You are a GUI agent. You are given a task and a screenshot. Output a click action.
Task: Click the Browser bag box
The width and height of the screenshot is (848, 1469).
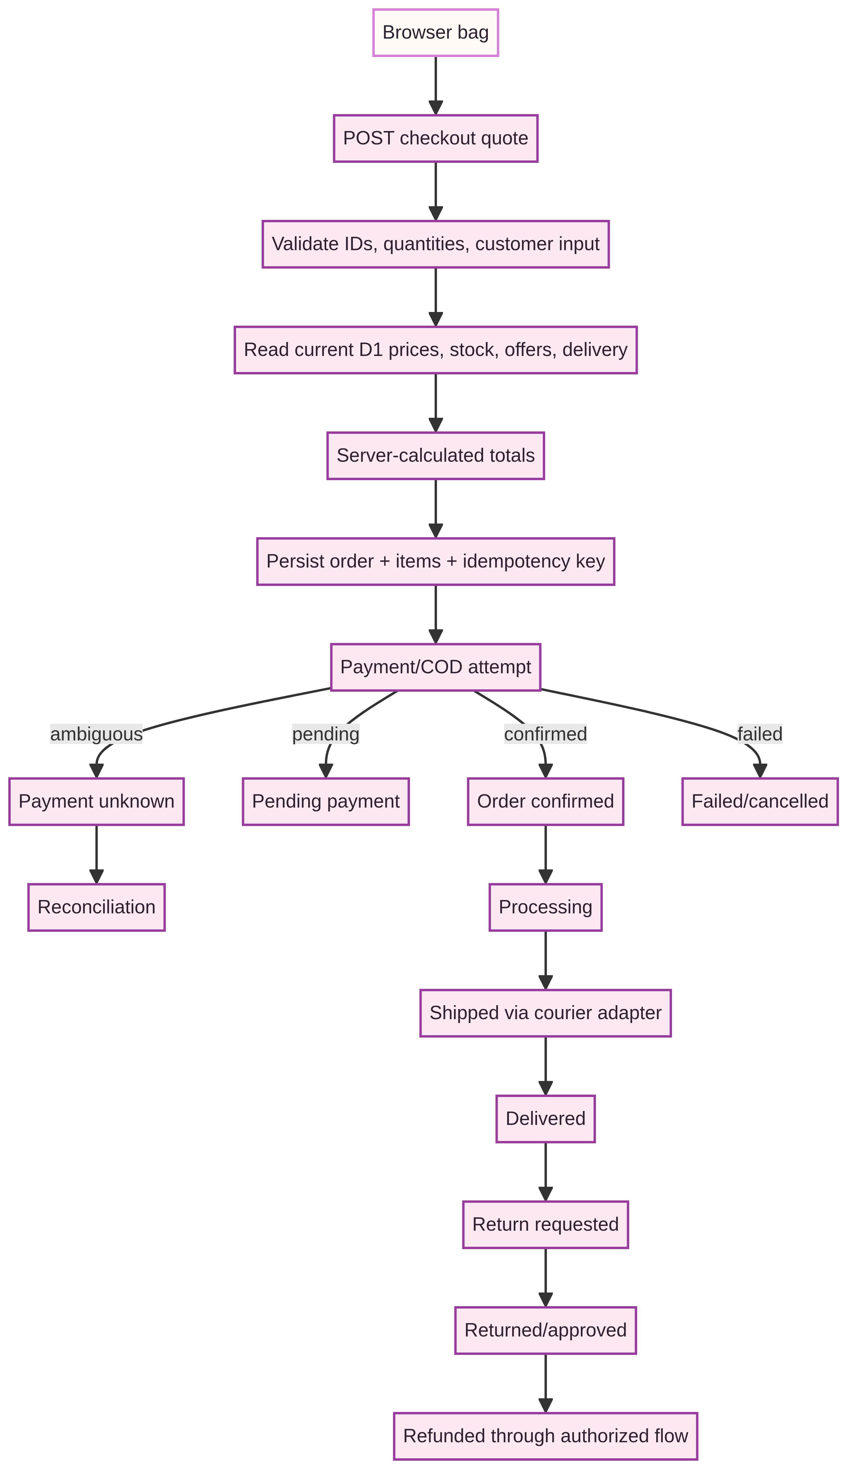pyautogui.click(x=436, y=33)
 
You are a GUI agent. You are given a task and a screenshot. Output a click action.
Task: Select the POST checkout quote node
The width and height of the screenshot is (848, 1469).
pyautogui.click(x=436, y=138)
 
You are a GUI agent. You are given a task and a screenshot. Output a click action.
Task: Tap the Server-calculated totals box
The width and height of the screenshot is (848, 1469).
pyautogui.click(x=436, y=456)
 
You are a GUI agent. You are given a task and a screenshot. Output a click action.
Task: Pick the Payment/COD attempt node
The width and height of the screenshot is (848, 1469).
pyautogui.click(x=436, y=667)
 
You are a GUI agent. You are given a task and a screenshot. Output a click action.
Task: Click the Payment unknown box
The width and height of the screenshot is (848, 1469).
pyautogui.click(x=97, y=801)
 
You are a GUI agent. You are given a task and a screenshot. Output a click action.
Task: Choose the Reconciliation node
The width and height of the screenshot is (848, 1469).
pyautogui.click(x=97, y=907)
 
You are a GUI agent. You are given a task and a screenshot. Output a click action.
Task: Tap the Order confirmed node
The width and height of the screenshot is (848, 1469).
pyautogui.click(x=546, y=801)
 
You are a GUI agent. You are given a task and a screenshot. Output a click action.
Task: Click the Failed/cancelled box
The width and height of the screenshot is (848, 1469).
pyautogui.click(x=760, y=801)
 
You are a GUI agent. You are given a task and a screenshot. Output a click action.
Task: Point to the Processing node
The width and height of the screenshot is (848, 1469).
pyautogui.click(x=546, y=907)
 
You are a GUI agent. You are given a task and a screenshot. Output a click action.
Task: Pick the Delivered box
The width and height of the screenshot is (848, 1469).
pyautogui.click(x=546, y=1119)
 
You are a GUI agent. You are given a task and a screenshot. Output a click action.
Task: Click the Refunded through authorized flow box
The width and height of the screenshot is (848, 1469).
pyautogui.click(x=546, y=1436)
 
